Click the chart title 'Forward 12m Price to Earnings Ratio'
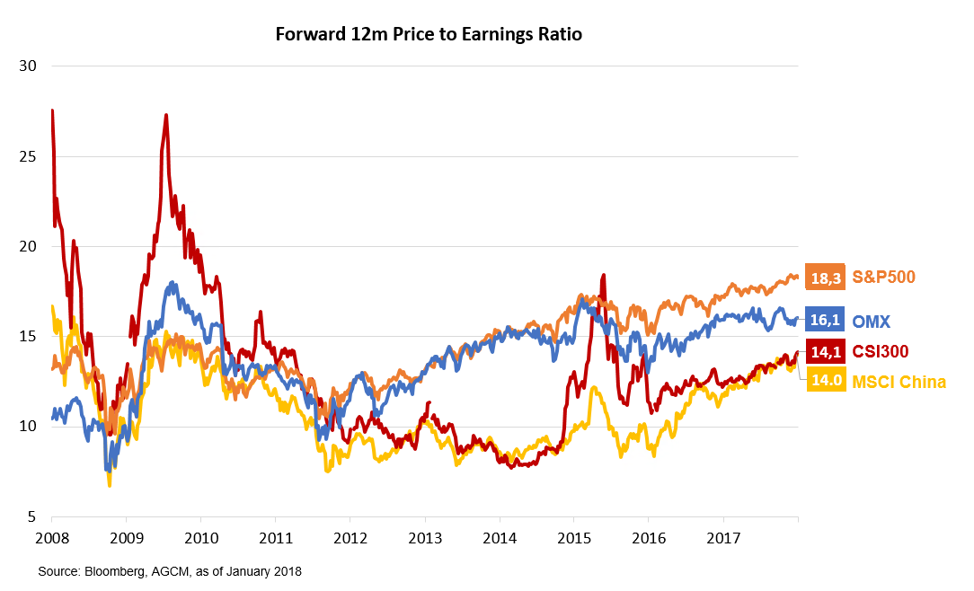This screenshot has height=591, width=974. click(429, 35)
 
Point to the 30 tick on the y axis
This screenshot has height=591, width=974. click(27, 66)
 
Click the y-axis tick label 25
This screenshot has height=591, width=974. click(27, 156)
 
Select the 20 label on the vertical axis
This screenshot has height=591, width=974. click(27, 246)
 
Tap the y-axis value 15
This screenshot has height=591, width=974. click(27, 336)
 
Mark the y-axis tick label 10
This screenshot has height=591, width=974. click(27, 426)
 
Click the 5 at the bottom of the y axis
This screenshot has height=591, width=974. click(31, 516)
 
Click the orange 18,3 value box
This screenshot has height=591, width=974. click(824, 278)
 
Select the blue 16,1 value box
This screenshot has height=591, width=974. click(824, 320)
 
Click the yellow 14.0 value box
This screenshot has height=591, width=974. click(824, 381)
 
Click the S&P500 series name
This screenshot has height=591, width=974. click(882, 277)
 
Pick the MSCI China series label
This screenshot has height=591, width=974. click(899, 382)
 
